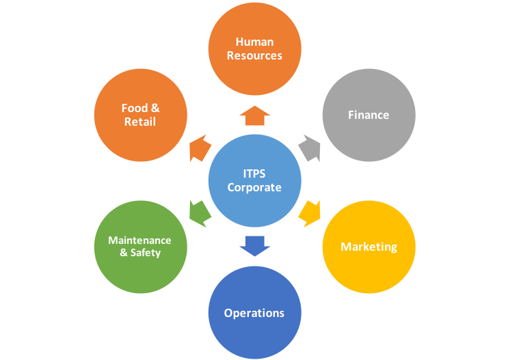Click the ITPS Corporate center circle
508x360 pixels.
pos(254,180)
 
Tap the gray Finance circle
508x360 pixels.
pos(369,114)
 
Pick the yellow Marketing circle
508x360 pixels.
pos(369,247)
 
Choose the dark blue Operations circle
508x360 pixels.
pos(254,313)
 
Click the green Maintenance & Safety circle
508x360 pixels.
pos(140,247)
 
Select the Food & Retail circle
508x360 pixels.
pos(140,114)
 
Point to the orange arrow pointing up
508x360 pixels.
pos(254,115)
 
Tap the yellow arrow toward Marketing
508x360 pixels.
pos(310,213)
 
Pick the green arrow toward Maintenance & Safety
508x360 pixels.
pos(199,213)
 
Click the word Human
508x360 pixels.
pos(254,41)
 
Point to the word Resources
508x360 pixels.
pos(254,55)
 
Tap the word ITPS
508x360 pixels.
pos(254,174)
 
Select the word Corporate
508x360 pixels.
pos(254,187)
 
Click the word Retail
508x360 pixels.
pos(140,122)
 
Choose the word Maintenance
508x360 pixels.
pos(140,240)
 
